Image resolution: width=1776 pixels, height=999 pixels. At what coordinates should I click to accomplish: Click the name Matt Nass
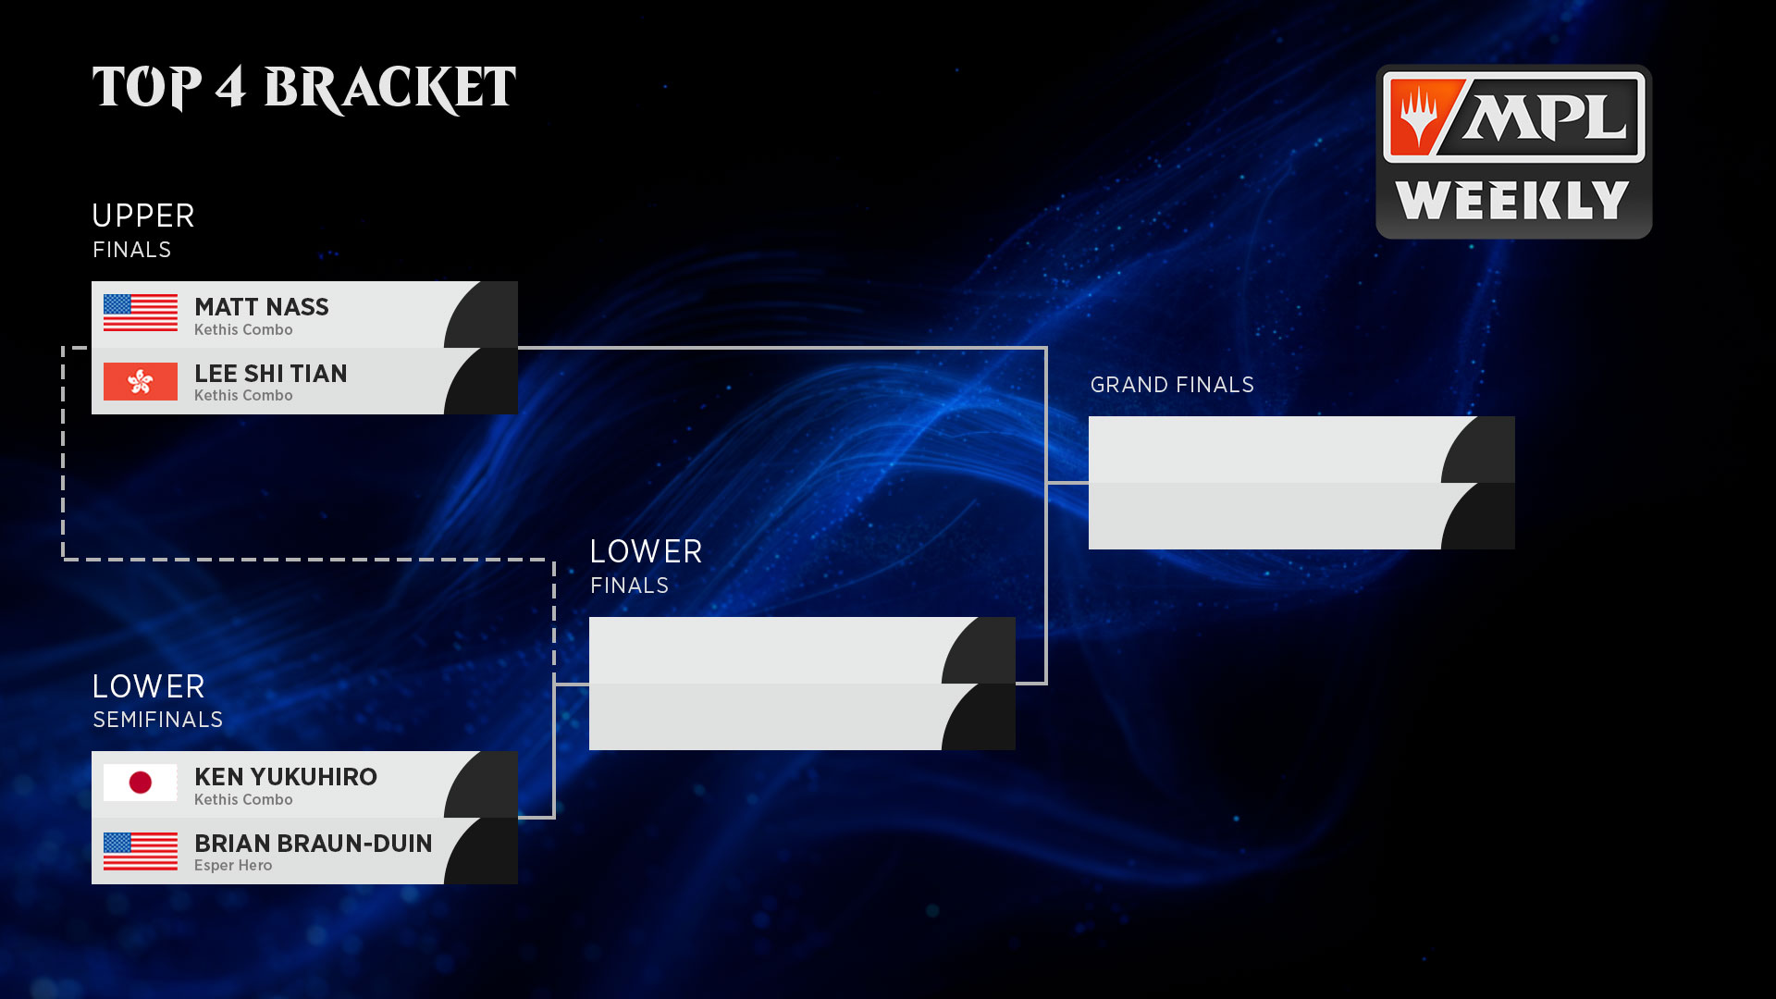tap(261, 307)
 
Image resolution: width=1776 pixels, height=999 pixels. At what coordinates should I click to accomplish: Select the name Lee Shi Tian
tap(270, 374)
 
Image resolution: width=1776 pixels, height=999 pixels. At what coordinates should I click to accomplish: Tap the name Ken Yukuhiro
tap(285, 777)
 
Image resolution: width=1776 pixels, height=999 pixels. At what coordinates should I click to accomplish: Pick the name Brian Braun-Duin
tap(313, 844)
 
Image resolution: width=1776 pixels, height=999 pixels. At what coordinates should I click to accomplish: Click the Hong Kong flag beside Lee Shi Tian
tap(140, 381)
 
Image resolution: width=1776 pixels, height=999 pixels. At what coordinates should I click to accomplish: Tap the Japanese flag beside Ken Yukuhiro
tap(140, 783)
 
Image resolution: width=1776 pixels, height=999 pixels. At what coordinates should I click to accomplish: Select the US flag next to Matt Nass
tap(140, 313)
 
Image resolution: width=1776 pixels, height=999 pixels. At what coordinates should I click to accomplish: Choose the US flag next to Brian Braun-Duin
tap(140, 851)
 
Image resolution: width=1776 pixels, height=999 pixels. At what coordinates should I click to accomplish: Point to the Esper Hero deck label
tap(233, 866)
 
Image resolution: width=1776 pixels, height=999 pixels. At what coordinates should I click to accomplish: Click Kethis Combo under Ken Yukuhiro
tap(243, 799)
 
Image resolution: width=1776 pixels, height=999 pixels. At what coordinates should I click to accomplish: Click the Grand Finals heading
tap(1172, 385)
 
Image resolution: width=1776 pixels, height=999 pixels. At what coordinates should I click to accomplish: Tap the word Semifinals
tap(157, 720)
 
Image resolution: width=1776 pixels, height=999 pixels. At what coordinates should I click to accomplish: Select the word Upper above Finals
tap(143, 216)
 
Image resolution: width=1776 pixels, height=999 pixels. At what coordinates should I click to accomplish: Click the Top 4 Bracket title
tap(303, 89)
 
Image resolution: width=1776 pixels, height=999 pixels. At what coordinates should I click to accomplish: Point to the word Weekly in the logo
tap(1512, 201)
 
